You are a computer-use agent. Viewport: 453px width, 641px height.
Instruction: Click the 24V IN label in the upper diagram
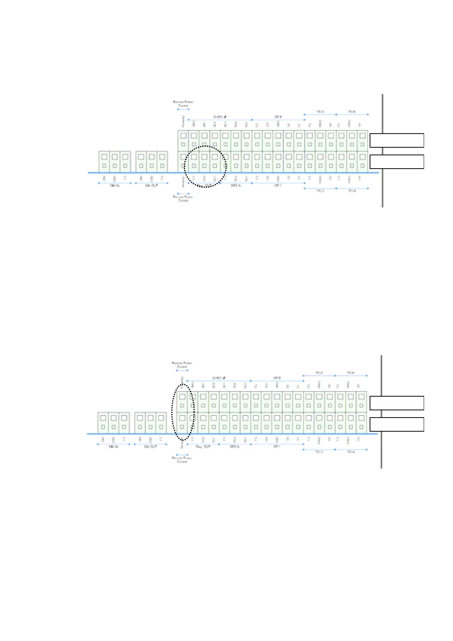pyautogui.click(x=115, y=186)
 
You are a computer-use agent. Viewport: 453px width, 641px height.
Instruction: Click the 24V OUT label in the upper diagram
pyautogui.click(x=151, y=186)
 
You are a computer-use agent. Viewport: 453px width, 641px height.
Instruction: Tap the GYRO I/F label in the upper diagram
pyautogui.click(x=220, y=117)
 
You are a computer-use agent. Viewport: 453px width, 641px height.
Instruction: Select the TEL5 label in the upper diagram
pyautogui.click(x=320, y=112)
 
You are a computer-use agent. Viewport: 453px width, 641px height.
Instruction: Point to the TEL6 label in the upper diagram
pyautogui.click(x=352, y=112)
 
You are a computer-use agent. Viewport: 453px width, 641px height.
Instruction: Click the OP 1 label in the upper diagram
pyautogui.click(x=278, y=186)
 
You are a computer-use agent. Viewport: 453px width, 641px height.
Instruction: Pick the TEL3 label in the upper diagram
pyautogui.click(x=320, y=191)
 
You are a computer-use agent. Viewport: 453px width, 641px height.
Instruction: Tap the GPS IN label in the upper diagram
pyautogui.click(x=236, y=186)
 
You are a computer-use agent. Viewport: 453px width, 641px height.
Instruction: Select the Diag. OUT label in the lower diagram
pyautogui.click(x=203, y=447)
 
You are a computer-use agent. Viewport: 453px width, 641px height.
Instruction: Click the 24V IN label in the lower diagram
pyautogui.click(x=113, y=447)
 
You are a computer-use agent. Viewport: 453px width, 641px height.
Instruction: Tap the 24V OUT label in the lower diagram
pyautogui.click(x=150, y=447)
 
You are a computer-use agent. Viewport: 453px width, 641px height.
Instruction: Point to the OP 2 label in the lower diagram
pyautogui.click(x=277, y=378)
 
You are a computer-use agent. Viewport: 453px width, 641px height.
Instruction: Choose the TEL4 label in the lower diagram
pyautogui.click(x=351, y=452)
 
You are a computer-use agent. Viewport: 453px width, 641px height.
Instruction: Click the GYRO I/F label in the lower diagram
pyautogui.click(x=219, y=378)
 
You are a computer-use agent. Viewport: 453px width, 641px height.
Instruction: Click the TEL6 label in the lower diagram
pyautogui.click(x=351, y=373)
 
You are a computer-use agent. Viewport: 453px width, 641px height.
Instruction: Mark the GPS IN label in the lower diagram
pyautogui.click(x=234, y=447)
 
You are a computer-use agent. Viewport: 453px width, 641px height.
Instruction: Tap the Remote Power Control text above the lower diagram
pyautogui.click(x=182, y=365)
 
